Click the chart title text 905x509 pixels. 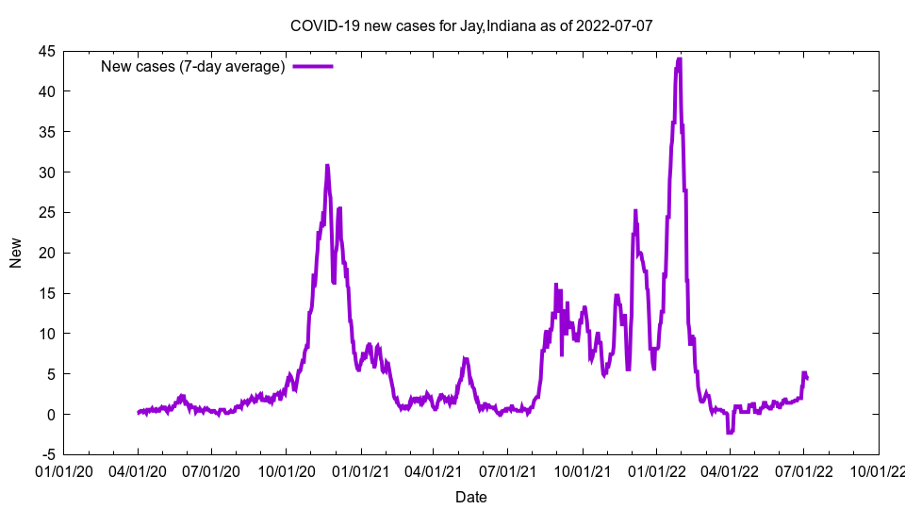[x=471, y=25]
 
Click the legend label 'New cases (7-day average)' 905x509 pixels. [x=193, y=67]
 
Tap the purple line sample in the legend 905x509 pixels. [x=313, y=67]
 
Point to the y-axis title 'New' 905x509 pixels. [x=16, y=253]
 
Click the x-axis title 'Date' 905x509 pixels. [x=471, y=497]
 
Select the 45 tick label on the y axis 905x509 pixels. [x=46, y=52]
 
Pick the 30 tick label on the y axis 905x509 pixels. [x=46, y=172]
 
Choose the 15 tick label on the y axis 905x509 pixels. [x=46, y=294]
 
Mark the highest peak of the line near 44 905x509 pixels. [x=679, y=59]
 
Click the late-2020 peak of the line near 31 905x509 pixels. [x=327, y=166]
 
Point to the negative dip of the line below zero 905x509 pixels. [x=730, y=433]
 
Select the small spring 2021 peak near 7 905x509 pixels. [x=465, y=359]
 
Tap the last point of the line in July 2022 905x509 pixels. [x=807, y=379]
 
